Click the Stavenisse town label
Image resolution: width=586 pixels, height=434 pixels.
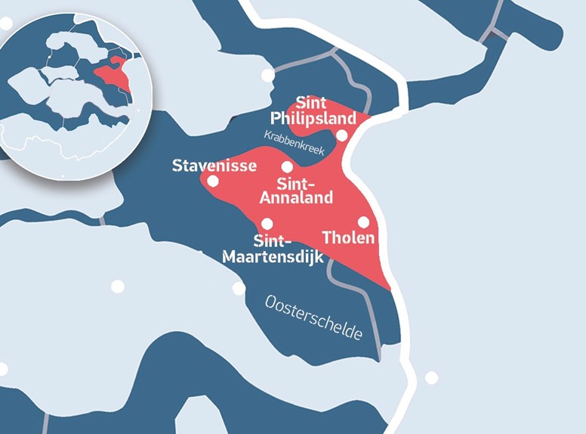pyautogui.click(x=214, y=166)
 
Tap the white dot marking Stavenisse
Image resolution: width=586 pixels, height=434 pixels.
pyautogui.click(x=213, y=181)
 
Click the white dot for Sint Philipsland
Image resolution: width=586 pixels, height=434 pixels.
pyautogui.click(x=341, y=135)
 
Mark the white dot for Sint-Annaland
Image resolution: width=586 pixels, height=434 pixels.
pyautogui.click(x=287, y=166)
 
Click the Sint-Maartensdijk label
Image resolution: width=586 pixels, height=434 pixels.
pyautogui.click(x=273, y=250)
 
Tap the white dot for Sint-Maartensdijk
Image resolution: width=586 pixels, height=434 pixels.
pyautogui.click(x=267, y=223)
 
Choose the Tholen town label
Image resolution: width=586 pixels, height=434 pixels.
pyautogui.click(x=348, y=238)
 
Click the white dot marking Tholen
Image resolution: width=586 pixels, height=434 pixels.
pyautogui.click(x=363, y=222)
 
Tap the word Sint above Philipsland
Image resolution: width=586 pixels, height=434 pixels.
pyautogui.click(x=310, y=101)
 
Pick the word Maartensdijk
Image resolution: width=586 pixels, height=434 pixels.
pyautogui.click(x=273, y=257)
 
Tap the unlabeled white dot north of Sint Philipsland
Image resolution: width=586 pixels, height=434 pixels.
pyautogui.click(x=267, y=75)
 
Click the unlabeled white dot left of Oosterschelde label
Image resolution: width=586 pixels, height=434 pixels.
pyautogui.click(x=239, y=287)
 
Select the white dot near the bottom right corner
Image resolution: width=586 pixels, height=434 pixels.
pyautogui.click(x=431, y=377)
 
